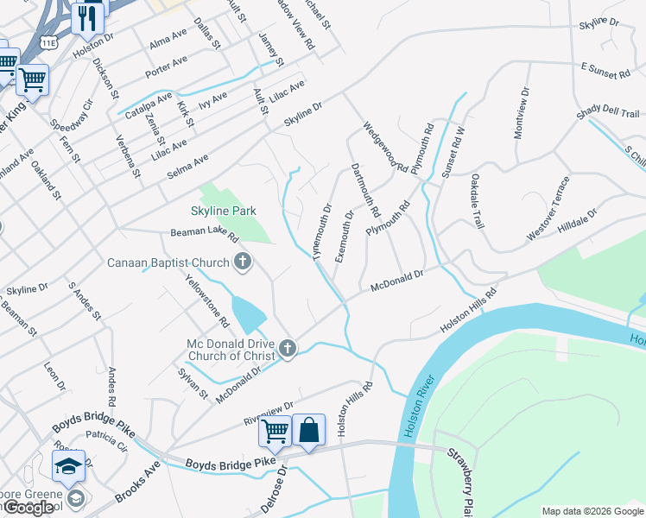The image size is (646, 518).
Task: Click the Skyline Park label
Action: (x=224, y=211)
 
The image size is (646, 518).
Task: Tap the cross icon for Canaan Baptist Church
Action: (x=243, y=262)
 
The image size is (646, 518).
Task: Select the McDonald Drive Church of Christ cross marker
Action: (x=288, y=349)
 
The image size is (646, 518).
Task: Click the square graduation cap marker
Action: (x=68, y=466)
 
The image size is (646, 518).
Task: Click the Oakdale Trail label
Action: (x=475, y=201)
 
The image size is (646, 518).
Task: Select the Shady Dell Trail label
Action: (x=608, y=114)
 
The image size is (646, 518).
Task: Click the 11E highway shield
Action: (x=47, y=42)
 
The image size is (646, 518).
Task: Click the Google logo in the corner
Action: (x=28, y=508)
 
